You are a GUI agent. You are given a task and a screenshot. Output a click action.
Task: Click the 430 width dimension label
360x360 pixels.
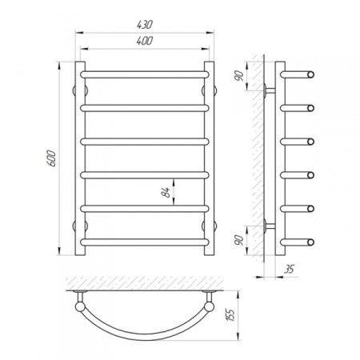144,25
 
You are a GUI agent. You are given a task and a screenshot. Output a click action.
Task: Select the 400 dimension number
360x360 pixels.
144,41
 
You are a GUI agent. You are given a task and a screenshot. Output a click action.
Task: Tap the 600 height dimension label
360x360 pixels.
52,158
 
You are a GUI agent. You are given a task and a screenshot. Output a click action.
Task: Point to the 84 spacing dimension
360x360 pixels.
166,192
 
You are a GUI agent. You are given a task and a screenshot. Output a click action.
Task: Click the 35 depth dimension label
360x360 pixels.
289,269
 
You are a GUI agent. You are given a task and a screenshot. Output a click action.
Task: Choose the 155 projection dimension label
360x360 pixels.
231,315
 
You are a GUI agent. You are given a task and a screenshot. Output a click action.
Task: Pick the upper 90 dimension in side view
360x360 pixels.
240,76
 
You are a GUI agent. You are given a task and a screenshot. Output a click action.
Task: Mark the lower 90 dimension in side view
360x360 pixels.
240,240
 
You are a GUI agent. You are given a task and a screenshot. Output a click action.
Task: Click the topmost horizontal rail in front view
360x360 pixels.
145,74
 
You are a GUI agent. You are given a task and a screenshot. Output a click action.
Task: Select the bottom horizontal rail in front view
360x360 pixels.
145,242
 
